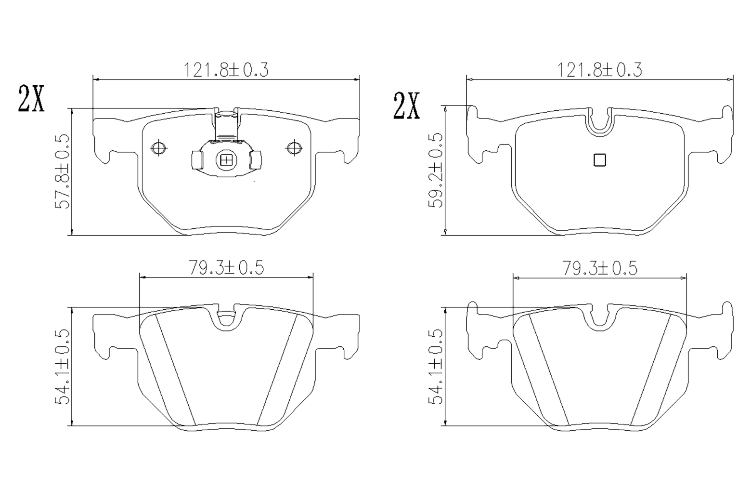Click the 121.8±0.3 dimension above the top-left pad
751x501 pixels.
[226, 70]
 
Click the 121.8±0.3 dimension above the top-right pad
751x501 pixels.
[599, 70]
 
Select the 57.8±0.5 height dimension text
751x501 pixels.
[62, 171]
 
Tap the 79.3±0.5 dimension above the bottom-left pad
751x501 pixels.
[227, 268]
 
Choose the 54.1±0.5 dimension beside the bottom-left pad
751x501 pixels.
[62, 367]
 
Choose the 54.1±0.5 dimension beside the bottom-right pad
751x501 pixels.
[436, 367]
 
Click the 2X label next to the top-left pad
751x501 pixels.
[31, 99]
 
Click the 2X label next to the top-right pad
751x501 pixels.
[406, 106]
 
